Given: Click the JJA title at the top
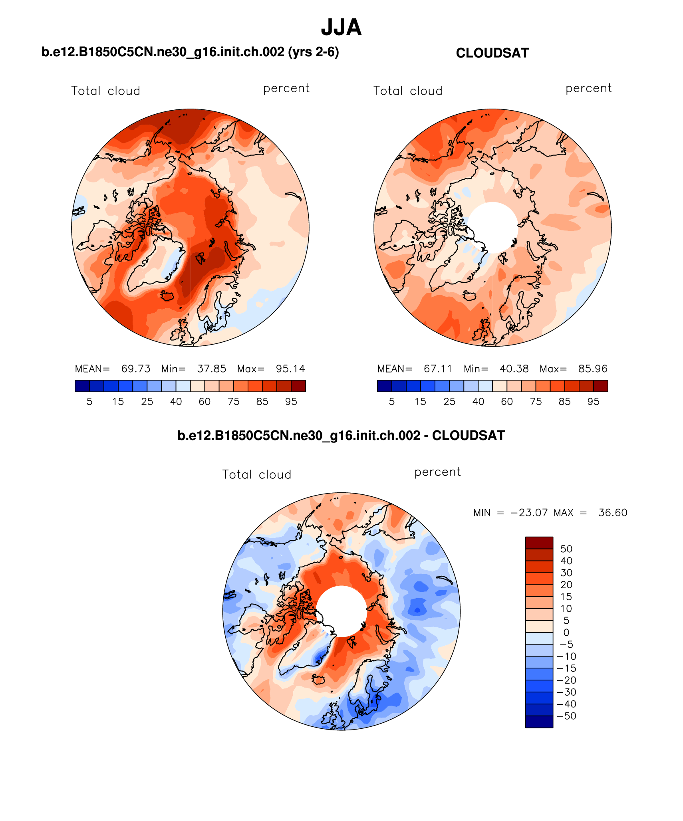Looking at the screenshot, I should coord(341,27).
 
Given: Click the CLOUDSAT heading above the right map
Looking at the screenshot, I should coord(492,53).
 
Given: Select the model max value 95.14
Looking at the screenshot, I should coord(290,369).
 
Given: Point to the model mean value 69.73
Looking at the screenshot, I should coord(136,369).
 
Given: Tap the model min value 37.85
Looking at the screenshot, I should coord(212,369).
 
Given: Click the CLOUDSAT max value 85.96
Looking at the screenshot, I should coord(593,369).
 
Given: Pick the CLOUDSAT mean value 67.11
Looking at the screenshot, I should coord(438,369).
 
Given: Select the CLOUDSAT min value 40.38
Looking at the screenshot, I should coord(514,369).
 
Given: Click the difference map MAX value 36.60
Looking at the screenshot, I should coord(613,513).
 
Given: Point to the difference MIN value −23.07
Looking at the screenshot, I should coord(529,513).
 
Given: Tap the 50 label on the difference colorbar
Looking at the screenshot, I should coord(566,549).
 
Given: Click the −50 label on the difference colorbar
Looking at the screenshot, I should coord(566,716).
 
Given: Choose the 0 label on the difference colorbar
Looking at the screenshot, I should coord(566,633).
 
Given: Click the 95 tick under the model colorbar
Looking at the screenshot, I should coord(291,402).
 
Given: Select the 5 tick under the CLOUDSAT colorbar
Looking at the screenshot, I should coord(392,402).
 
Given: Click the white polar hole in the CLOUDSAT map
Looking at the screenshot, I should coord(493,227).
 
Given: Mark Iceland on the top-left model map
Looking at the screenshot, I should coord(168,295).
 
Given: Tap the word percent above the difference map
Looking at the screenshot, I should coord(437,472).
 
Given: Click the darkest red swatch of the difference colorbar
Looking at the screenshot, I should coord(539,543).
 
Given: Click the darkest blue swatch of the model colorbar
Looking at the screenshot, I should coord(82,386).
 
